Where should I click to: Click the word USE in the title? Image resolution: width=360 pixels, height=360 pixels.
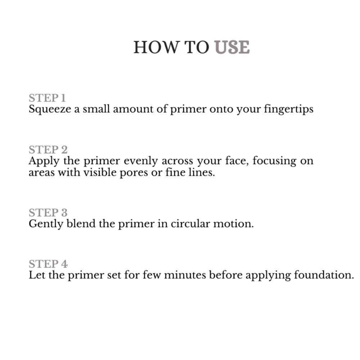pos(232,47)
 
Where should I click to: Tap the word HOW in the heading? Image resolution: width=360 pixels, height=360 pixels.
pos(156,47)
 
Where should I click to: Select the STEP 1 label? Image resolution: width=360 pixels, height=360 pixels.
pos(47,98)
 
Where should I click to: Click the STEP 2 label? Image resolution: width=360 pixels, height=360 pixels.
pos(48,150)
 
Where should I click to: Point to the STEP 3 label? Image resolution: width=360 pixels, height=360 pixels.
pos(48,213)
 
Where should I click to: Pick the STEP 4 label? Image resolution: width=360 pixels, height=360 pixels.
pos(48,264)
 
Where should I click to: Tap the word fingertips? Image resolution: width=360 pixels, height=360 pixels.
pos(289,109)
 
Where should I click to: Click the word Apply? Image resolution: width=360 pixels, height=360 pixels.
pos(44,161)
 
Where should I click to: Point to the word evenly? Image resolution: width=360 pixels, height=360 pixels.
pos(141,161)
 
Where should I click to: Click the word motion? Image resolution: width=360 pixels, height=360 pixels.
pos(234,224)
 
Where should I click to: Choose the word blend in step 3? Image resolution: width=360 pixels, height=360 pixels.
pos(81,224)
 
